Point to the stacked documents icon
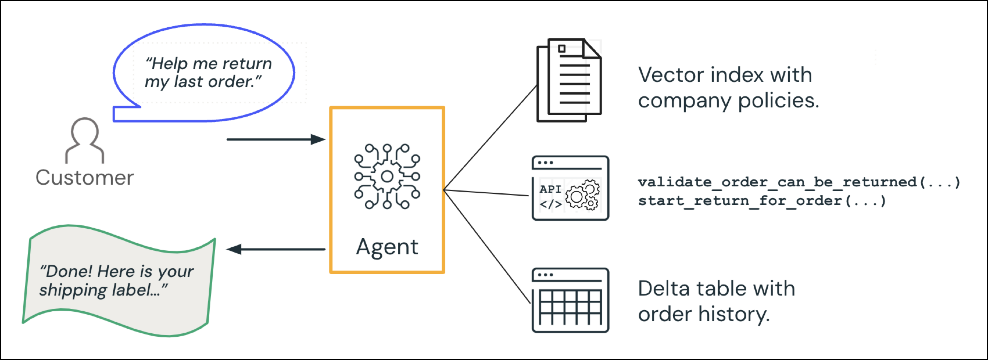point(569,80)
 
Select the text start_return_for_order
point(740,201)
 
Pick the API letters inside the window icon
point(550,189)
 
